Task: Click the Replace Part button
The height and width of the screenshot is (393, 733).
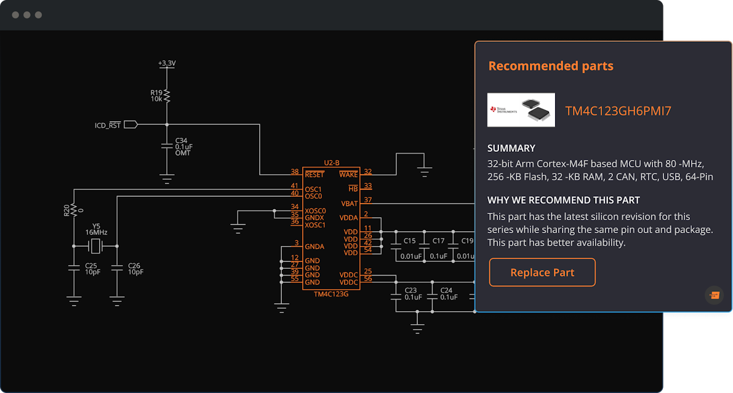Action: tap(542, 272)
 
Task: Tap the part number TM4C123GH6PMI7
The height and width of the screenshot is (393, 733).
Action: tap(618, 111)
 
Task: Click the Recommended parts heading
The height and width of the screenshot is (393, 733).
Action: tap(551, 66)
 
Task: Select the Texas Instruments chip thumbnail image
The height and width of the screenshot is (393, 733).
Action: tap(521, 110)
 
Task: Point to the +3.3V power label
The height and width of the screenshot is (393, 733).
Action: tap(167, 63)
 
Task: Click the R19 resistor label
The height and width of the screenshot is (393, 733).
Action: tap(156, 92)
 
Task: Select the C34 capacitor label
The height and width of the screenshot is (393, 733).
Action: tap(182, 140)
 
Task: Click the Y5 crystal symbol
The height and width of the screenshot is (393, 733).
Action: tap(95, 246)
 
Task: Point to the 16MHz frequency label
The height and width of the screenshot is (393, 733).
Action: tap(96, 232)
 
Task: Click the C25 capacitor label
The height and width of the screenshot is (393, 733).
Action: tap(91, 266)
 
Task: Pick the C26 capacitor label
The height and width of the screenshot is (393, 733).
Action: tap(134, 266)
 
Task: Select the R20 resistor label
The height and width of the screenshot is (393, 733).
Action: tap(66, 210)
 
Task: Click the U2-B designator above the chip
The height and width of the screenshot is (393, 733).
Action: tap(332, 162)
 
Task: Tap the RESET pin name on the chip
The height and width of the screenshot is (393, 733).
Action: tap(314, 175)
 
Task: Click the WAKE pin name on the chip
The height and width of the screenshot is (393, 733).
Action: tap(348, 175)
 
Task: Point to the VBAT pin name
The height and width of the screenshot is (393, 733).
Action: tap(349, 204)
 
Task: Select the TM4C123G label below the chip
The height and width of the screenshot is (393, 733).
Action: tap(331, 294)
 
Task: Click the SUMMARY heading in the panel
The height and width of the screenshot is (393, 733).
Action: tap(511, 148)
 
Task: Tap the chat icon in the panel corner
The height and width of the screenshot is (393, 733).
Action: tap(715, 295)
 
